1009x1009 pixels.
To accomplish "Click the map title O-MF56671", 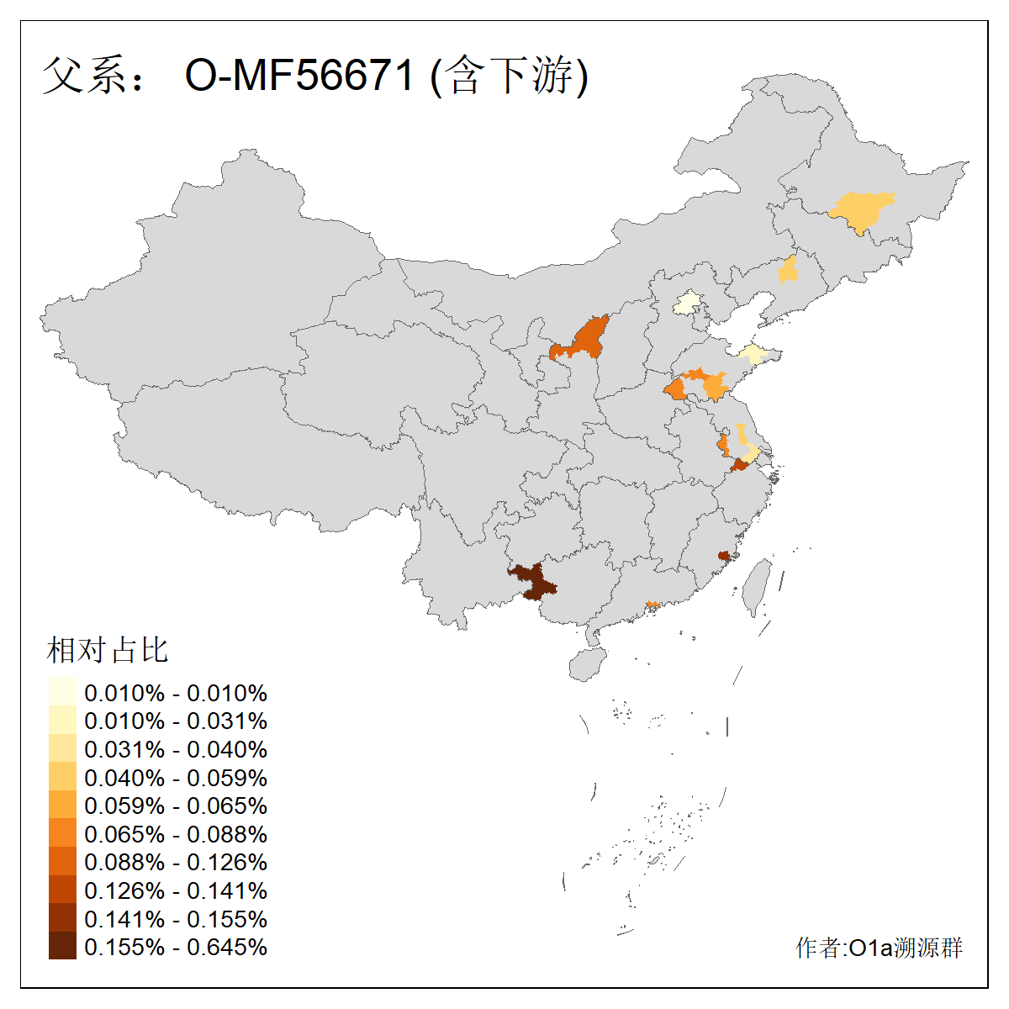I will [x=299, y=76].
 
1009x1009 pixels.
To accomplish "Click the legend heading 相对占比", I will [x=108, y=650].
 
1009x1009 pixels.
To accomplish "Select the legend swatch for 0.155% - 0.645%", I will [x=62, y=947].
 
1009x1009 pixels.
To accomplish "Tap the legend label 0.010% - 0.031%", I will [x=176, y=721].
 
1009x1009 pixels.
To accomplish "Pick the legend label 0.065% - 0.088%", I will [x=176, y=834].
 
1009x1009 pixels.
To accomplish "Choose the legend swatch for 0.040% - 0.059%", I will [x=62, y=777].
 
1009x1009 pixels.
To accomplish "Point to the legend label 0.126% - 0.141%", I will [x=176, y=890].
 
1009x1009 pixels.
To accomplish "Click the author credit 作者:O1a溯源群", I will [x=879, y=948].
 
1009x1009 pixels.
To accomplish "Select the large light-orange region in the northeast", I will [x=861, y=209].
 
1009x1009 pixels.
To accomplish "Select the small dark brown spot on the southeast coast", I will [x=723, y=556].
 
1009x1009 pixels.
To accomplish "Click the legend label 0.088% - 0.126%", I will [x=176, y=862].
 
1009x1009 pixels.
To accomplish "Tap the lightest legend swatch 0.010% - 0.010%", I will [x=62, y=693].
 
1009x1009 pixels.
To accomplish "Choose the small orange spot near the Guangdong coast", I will [x=652, y=604].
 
